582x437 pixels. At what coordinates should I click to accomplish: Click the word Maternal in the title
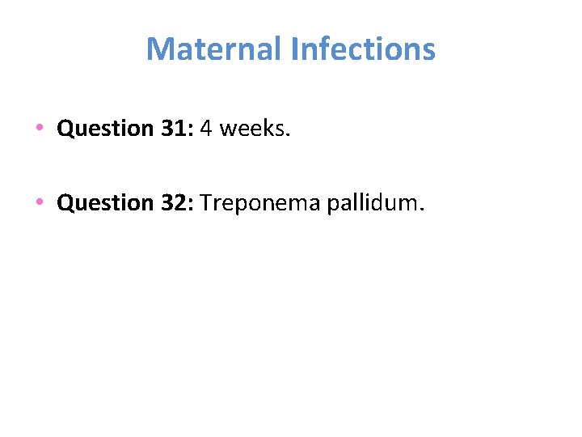tap(214, 49)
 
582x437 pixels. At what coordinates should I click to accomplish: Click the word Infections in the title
tap(363, 49)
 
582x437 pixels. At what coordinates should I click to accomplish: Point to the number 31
tap(172, 129)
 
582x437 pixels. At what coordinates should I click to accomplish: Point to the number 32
tap(172, 202)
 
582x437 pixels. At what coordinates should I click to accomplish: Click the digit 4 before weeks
tap(205, 129)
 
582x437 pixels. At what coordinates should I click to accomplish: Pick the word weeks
tap(251, 129)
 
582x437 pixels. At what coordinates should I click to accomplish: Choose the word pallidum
tap(371, 202)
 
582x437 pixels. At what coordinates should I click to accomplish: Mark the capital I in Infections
tap(294, 49)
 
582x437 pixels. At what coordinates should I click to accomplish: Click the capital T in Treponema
tap(205, 202)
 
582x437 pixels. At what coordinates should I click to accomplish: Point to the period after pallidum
tap(420, 210)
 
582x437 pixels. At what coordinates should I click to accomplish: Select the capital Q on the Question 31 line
tap(65, 129)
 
